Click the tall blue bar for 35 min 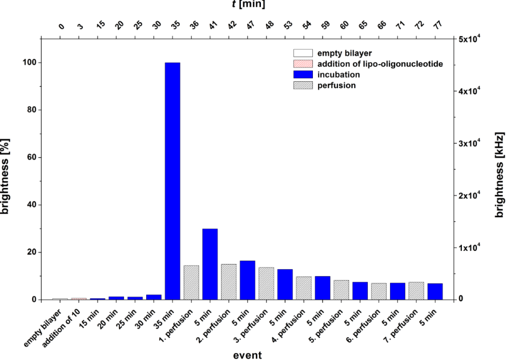coord(172,181)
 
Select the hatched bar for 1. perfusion coord(191,282)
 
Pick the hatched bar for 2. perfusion coord(228,282)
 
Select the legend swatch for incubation coord(303,75)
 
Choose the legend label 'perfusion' coord(334,85)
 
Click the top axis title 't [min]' coord(248,5)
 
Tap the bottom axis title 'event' coord(248,355)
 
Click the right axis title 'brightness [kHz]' coord(500,169)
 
